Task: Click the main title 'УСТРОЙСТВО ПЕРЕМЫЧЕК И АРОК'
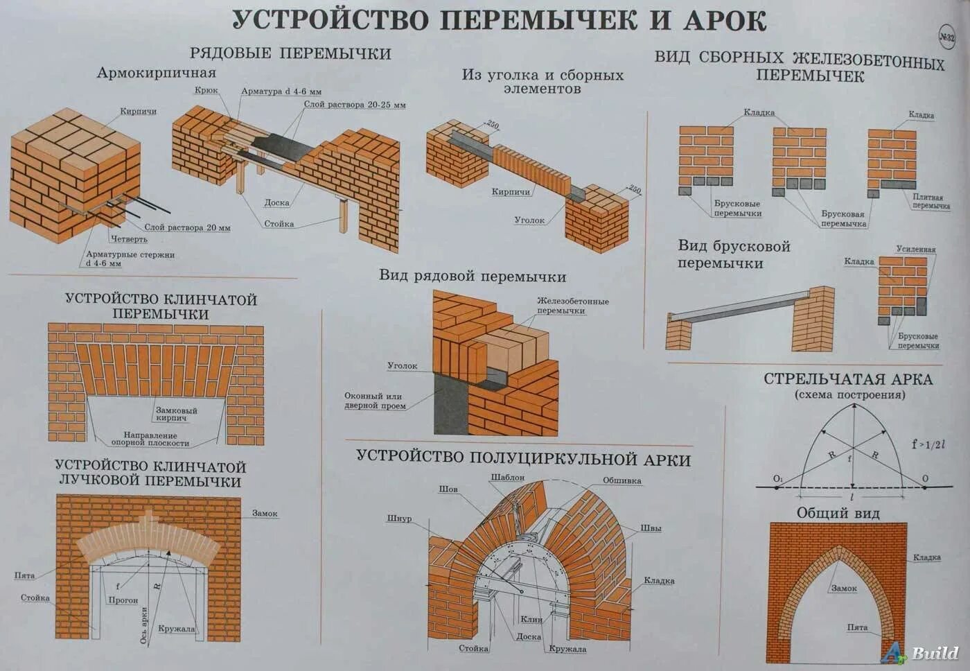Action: [x=499, y=20]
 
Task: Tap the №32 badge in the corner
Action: [x=946, y=37]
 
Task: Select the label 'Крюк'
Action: [x=206, y=90]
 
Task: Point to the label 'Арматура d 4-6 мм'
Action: [x=281, y=91]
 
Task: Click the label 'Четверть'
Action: [x=129, y=239]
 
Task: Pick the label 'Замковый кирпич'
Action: [x=176, y=414]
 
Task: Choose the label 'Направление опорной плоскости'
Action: [x=150, y=439]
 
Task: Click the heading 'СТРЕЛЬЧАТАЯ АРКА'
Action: [x=848, y=379]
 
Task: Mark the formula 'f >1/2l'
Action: [x=928, y=444]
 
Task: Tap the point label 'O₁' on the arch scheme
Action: [x=777, y=479]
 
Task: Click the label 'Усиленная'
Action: [x=915, y=250]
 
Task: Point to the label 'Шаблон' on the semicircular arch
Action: [x=507, y=478]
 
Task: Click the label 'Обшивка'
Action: [x=621, y=480]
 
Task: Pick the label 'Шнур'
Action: [x=399, y=518]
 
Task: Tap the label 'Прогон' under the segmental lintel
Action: [x=123, y=600]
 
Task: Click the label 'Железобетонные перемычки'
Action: [x=572, y=306]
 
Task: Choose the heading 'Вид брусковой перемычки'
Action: [x=733, y=254]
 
